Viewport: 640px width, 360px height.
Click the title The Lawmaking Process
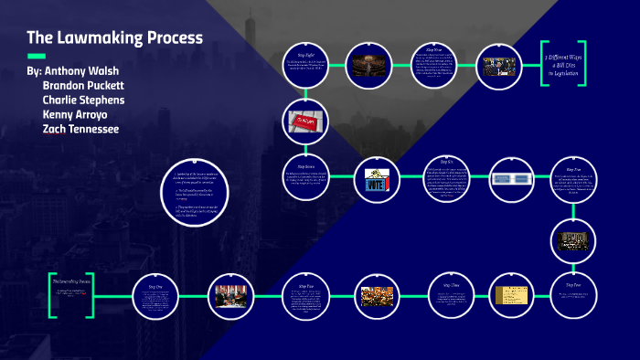click(x=114, y=38)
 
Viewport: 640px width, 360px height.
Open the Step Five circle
click(x=574, y=180)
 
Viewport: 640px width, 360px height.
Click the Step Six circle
click(x=448, y=180)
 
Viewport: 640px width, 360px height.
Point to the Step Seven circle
click(x=302, y=180)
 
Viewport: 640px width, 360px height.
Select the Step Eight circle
click(x=302, y=65)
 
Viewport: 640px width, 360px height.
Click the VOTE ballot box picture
click(x=377, y=179)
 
